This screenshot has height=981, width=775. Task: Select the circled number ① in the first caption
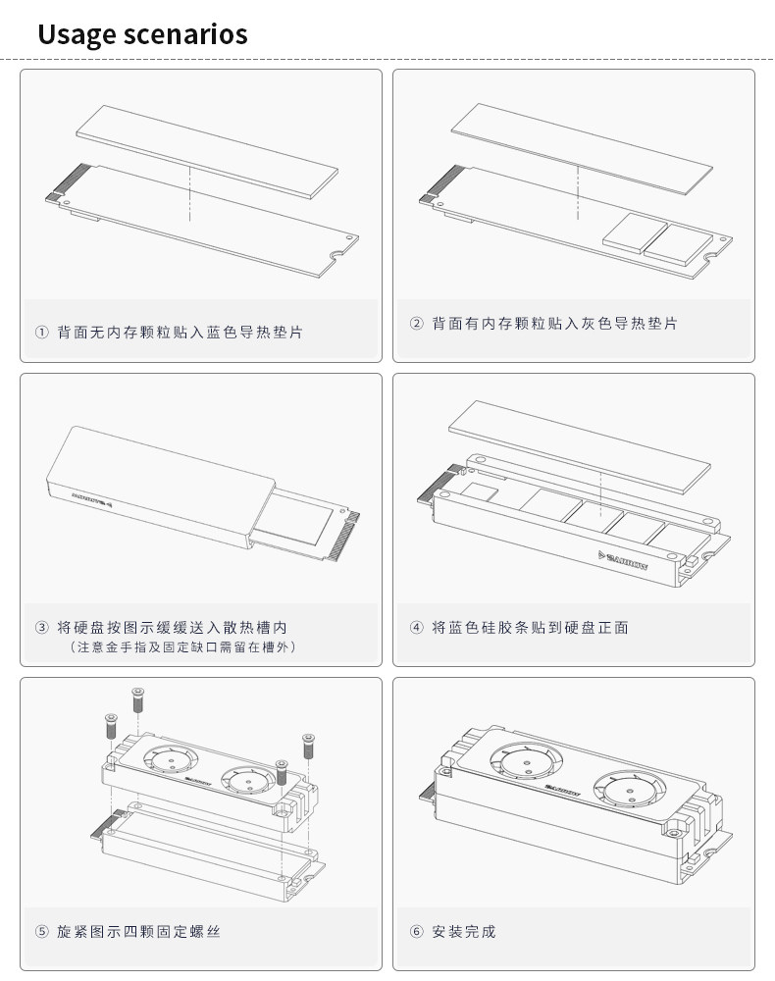[x=41, y=333]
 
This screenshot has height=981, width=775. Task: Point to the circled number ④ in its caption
[x=416, y=627]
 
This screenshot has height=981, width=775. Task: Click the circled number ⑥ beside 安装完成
[x=416, y=931]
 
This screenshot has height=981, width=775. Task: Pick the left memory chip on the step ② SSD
[x=629, y=233]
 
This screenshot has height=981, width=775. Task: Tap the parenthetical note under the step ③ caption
[x=182, y=647]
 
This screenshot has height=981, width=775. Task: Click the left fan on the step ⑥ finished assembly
[x=522, y=761]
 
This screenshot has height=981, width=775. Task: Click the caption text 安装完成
[x=465, y=931]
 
